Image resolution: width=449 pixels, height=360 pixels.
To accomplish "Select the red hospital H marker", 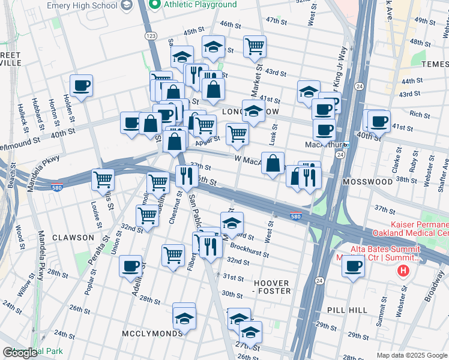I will pos(403,271).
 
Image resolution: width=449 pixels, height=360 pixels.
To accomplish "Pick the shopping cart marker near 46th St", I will pos(255,46).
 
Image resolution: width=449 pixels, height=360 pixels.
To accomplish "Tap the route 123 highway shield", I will pos(152,37).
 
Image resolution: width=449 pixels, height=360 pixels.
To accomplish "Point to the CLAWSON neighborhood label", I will pos(73,237).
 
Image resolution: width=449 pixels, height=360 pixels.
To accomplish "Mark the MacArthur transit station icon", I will pos(346,145).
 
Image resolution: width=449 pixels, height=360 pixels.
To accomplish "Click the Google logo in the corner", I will pos(20,353).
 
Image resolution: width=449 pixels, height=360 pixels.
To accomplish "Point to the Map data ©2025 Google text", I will pos(411,355).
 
